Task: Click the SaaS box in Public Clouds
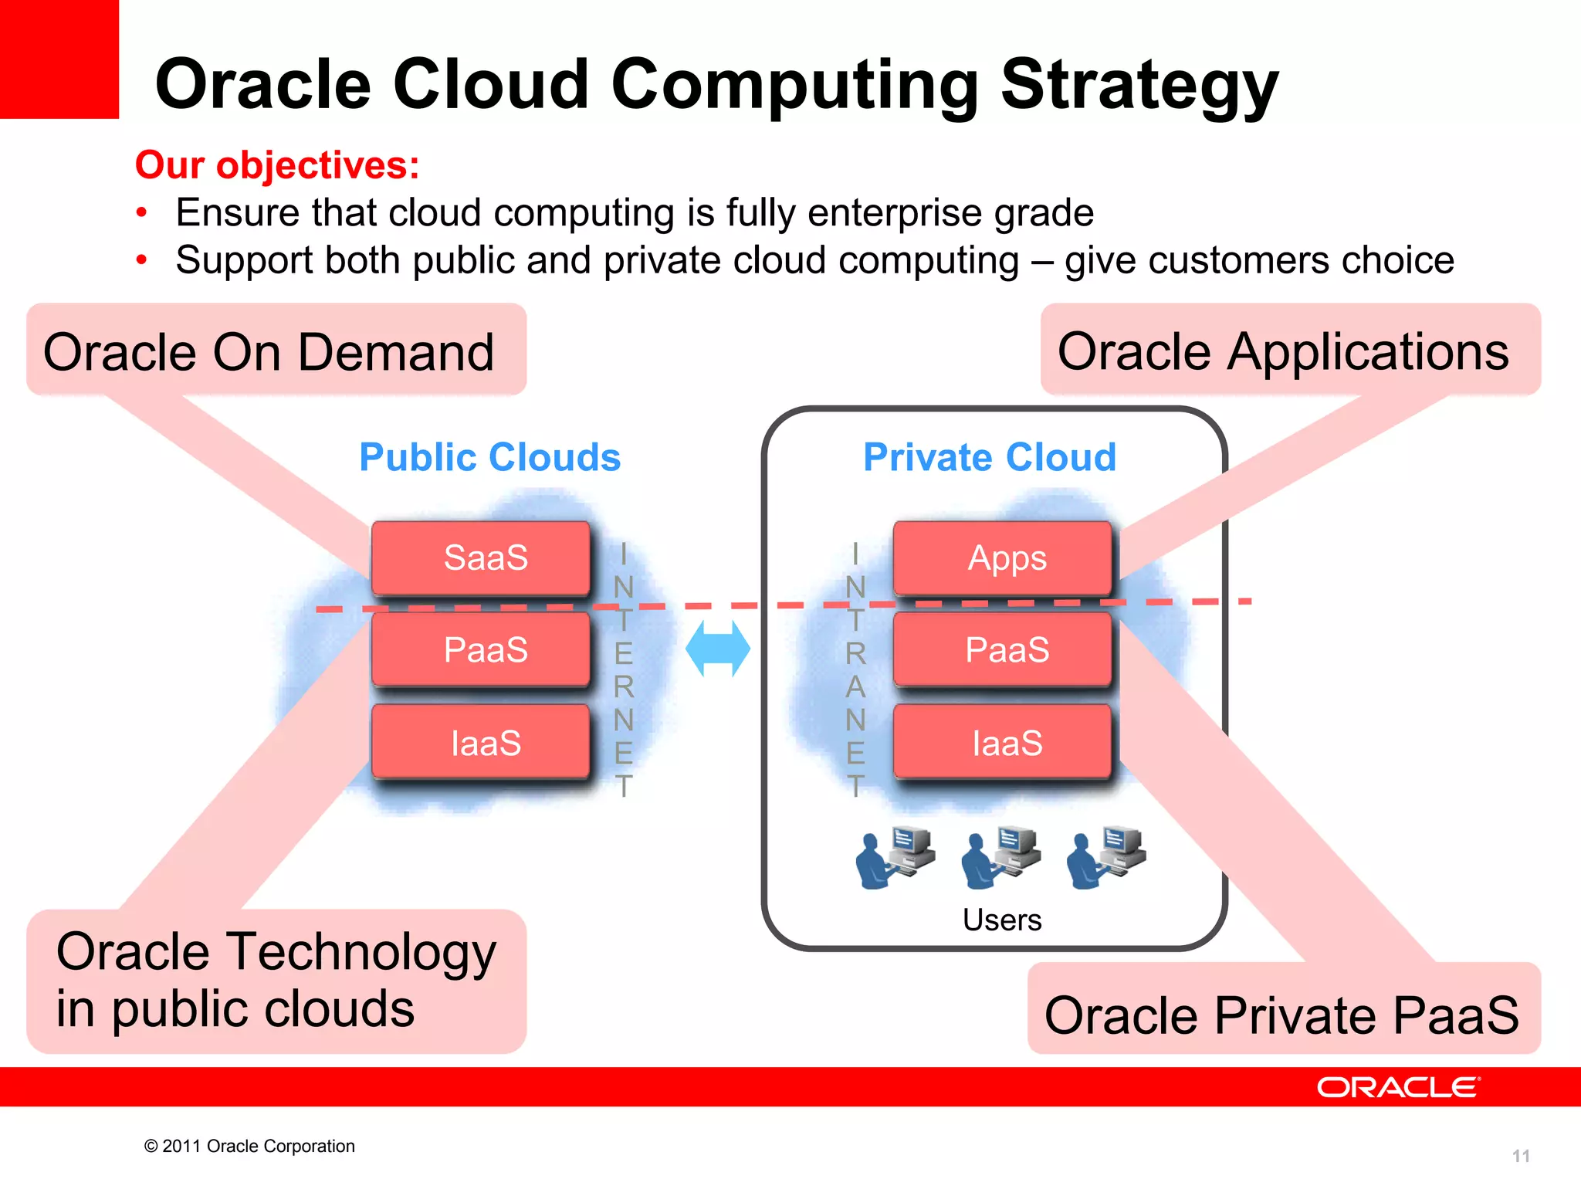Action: [x=481, y=558]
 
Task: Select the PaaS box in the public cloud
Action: [x=481, y=649]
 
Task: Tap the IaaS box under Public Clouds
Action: [x=481, y=742]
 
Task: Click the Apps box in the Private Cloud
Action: [x=1002, y=558]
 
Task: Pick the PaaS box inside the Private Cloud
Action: [x=1002, y=649]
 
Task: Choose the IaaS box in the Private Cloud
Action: [x=1002, y=742]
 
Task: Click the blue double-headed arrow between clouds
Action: [x=718, y=649]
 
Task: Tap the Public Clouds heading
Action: [x=489, y=457]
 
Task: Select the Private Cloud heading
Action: [x=990, y=457]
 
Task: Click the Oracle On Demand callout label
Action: [x=269, y=352]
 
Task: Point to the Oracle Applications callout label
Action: [x=1283, y=352]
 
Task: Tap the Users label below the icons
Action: [x=1002, y=920]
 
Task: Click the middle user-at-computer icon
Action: [x=1000, y=858]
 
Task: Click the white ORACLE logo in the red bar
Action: [x=1398, y=1087]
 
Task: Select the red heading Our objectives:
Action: [x=277, y=165]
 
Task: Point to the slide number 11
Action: [x=1520, y=1156]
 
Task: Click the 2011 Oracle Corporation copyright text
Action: [x=249, y=1146]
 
